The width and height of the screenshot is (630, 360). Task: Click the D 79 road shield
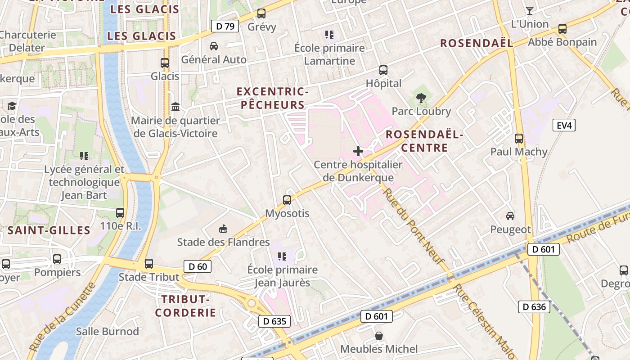click(x=225, y=26)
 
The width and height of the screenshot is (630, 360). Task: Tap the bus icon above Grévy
click(x=261, y=13)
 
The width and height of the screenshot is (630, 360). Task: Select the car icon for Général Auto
click(x=214, y=46)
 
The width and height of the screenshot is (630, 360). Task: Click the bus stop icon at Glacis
click(x=165, y=63)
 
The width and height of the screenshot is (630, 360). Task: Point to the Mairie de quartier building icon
click(x=175, y=107)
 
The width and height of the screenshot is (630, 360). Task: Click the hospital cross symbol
click(x=358, y=151)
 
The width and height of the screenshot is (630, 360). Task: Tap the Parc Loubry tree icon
click(x=421, y=97)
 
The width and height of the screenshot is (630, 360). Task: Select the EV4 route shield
click(x=564, y=125)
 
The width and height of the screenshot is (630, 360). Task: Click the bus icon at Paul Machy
click(x=519, y=138)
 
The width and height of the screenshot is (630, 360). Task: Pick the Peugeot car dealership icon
click(x=510, y=216)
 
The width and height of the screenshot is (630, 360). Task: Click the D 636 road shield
click(x=534, y=307)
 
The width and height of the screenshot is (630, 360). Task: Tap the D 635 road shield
click(x=274, y=321)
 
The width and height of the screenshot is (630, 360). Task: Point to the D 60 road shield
click(x=198, y=266)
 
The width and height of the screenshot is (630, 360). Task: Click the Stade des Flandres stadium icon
click(x=223, y=229)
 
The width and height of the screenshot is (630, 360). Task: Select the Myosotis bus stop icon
click(x=287, y=200)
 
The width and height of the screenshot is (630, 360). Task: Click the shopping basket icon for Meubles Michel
click(x=379, y=336)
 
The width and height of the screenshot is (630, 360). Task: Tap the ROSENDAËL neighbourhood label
click(x=477, y=43)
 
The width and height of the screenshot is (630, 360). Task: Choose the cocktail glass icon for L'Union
click(x=530, y=11)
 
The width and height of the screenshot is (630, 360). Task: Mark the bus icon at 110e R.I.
click(x=120, y=213)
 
